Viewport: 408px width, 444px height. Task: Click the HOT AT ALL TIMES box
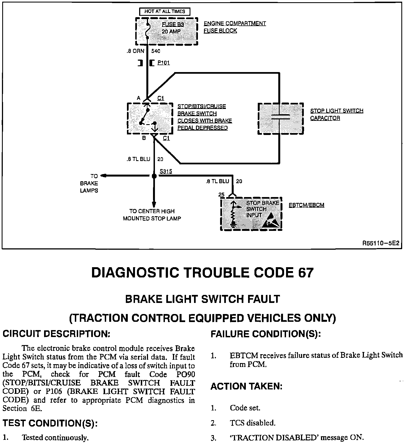(x=164, y=11)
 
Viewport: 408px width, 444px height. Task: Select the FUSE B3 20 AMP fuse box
(x=166, y=31)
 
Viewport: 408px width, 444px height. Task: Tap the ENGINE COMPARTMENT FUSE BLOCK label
(x=234, y=27)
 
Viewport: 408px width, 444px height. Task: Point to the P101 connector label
(x=164, y=63)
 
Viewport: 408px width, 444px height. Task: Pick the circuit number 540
(x=156, y=51)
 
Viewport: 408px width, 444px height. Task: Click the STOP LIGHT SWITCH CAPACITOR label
(x=336, y=114)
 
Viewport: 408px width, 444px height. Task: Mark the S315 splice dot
(x=154, y=176)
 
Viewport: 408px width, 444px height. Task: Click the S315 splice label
(x=166, y=172)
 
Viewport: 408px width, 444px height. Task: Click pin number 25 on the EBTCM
(x=221, y=195)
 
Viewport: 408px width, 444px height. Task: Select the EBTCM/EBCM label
(x=306, y=205)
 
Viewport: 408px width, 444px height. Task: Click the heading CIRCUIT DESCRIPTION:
(x=57, y=334)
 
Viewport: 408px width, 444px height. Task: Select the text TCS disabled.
(x=253, y=423)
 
